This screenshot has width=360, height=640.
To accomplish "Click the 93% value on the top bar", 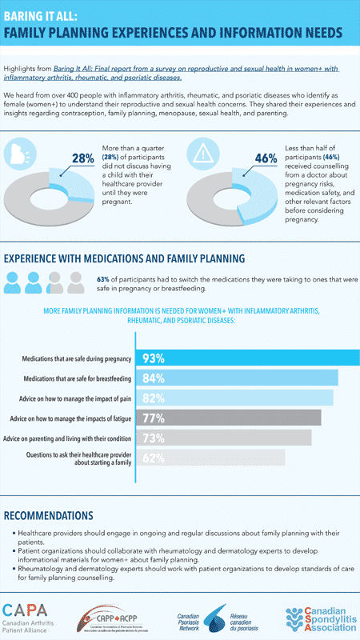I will [x=154, y=358].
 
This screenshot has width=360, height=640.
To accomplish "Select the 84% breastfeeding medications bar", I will [x=239, y=378].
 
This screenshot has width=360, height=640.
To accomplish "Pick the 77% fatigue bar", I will [x=231, y=418].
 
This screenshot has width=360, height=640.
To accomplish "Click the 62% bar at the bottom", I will [x=213, y=458].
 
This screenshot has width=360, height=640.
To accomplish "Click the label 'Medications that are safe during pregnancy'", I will [x=78, y=358].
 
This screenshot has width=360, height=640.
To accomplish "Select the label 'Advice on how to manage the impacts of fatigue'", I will [x=73, y=418].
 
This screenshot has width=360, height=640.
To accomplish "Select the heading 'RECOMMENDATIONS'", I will [x=48, y=515].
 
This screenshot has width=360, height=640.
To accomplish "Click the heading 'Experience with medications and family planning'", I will [x=126, y=258].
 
